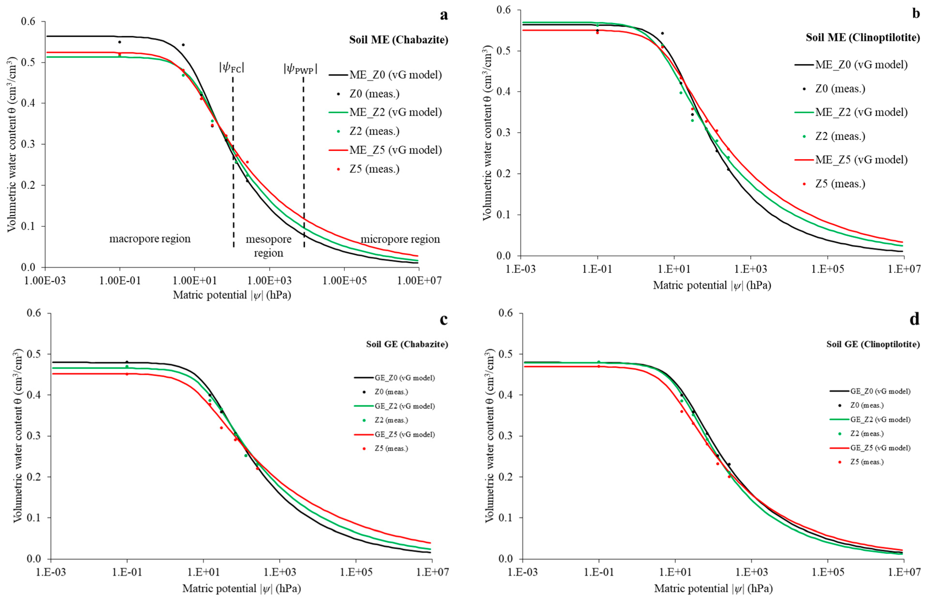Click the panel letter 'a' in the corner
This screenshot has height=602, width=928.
coord(444,15)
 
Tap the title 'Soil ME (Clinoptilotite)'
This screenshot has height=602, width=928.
coord(863,37)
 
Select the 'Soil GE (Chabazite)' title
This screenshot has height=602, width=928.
coord(407,344)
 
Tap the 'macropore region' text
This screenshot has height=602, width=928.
coord(150,239)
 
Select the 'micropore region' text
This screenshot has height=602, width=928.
coord(400,239)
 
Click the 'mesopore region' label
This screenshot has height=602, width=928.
coord(269,246)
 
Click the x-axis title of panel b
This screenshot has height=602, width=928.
coord(712,286)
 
